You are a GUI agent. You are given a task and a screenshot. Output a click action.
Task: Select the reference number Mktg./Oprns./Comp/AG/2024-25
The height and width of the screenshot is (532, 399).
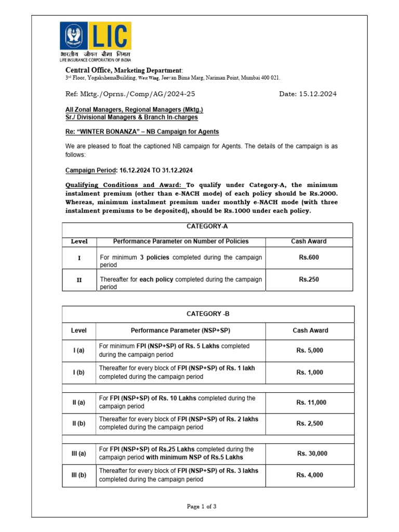pos(130,94)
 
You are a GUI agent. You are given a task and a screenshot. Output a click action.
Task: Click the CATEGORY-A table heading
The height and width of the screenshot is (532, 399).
pos(207,227)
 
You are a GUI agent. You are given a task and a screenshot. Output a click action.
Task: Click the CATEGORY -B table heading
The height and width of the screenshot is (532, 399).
pos(208,314)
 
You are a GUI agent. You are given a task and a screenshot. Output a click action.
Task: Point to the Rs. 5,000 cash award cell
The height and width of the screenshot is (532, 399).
pos(310,350)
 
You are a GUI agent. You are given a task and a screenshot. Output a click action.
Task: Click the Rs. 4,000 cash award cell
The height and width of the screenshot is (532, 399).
pos(310,475)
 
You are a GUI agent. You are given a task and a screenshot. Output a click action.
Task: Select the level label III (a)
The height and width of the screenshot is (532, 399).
pos(79,454)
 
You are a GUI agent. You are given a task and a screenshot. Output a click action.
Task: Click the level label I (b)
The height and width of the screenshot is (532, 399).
pos(79,372)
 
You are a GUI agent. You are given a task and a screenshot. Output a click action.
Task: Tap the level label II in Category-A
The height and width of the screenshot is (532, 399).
pos(79,280)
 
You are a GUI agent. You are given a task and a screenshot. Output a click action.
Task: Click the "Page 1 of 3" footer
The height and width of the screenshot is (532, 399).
pos(202,507)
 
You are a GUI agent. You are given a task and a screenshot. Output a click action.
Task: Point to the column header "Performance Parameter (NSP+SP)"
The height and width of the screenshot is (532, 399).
pos(180,330)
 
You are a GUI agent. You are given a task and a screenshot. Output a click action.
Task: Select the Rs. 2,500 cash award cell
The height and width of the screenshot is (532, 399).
pos(310,423)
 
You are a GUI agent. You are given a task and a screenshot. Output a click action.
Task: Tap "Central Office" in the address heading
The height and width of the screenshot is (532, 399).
pos(88,70)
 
